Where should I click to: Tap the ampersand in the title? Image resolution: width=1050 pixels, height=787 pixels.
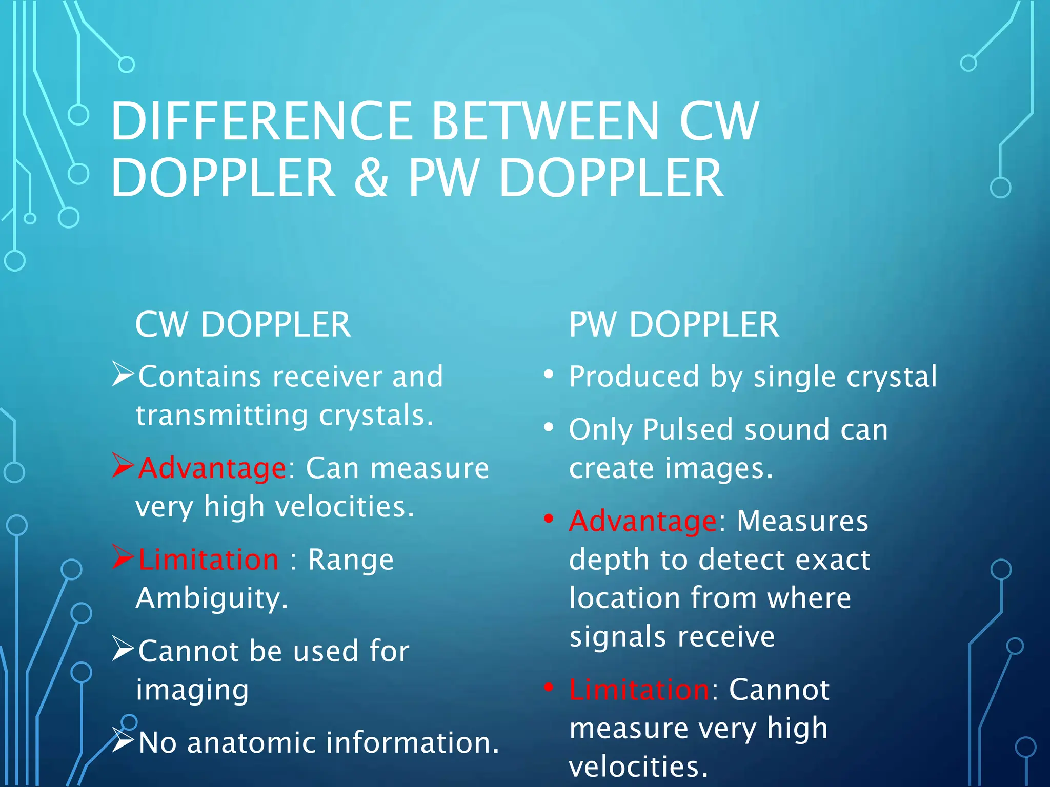pyautogui.click(x=371, y=178)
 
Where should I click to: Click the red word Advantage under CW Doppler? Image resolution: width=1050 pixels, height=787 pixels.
pyautogui.click(x=212, y=468)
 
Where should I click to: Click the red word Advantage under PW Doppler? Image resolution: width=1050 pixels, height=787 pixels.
pyautogui.click(x=643, y=521)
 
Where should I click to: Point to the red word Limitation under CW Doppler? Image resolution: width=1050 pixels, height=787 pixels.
pyautogui.click(x=209, y=559)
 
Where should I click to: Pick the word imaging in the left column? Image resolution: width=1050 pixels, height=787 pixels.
pyautogui.click(x=192, y=690)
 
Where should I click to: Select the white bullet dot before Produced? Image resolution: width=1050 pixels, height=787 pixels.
pyautogui.click(x=549, y=375)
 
